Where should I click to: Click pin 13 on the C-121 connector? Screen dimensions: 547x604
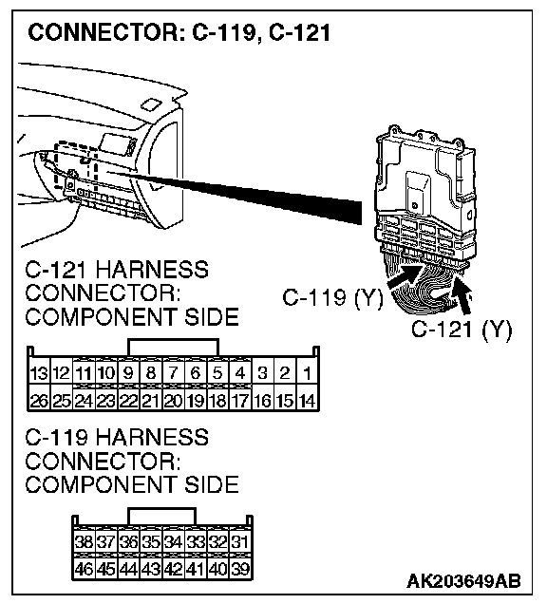click(x=39, y=373)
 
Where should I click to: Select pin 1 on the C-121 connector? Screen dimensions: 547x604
click(x=308, y=373)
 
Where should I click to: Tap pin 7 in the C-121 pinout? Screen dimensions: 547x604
click(x=174, y=373)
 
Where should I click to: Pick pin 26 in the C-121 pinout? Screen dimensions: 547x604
click(x=39, y=401)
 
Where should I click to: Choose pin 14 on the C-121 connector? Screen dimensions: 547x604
click(x=308, y=401)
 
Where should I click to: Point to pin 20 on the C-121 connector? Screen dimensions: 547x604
click(x=174, y=401)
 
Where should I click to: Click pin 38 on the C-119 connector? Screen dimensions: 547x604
click(x=84, y=542)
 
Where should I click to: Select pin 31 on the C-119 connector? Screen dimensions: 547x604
click(x=240, y=542)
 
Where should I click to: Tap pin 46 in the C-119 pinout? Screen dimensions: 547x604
click(x=84, y=569)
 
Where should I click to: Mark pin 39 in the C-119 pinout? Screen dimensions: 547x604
click(x=240, y=569)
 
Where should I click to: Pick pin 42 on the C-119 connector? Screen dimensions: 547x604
click(x=174, y=569)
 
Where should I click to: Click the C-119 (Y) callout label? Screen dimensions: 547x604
click(x=333, y=298)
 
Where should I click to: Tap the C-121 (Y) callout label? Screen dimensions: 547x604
click(x=462, y=330)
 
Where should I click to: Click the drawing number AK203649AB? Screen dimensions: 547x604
click(x=463, y=580)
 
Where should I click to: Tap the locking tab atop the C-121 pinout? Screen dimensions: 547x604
click(x=174, y=347)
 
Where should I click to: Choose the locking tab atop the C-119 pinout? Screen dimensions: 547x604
click(x=161, y=516)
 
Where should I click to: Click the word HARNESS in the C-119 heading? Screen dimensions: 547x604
click(x=152, y=438)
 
